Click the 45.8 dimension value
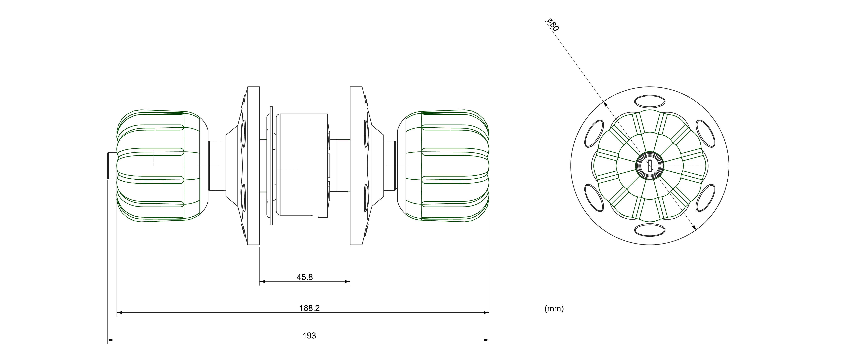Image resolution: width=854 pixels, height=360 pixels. click(x=304, y=277)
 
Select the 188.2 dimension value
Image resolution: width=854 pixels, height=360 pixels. click(x=309, y=308)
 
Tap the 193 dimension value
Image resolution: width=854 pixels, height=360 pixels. click(x=309, y=335)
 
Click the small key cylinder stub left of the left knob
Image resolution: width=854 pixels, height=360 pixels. click(x=112, y=166)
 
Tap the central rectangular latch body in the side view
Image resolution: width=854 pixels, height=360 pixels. click(x=302, y=166)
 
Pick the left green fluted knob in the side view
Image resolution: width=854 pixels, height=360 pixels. click(x=159, y=166)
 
